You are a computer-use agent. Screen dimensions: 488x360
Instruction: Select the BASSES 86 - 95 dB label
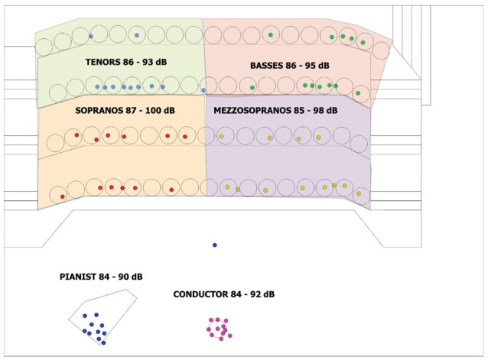tap(289, 66)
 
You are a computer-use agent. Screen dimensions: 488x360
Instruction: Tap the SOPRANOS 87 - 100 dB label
tap(125, 111)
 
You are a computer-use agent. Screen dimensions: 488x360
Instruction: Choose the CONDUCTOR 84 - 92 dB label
tap(224, 294)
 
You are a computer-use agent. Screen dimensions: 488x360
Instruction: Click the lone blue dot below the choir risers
tap(215, 245)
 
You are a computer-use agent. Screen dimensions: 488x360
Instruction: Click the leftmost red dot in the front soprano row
tap(63, 196)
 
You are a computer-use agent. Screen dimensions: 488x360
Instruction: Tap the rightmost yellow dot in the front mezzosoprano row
tap(359, 193)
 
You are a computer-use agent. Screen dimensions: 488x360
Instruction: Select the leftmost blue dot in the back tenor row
tap(90, 36)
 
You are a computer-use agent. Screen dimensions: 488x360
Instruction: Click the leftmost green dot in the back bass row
tap(271, 35)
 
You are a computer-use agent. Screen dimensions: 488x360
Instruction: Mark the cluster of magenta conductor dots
tap(219, 329)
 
